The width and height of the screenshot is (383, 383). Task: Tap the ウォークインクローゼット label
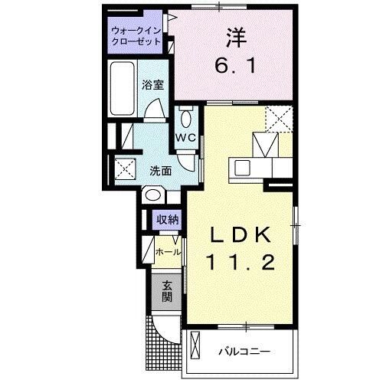click(x=135, y=36)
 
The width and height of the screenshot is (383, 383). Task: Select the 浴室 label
click(x=153, y=86)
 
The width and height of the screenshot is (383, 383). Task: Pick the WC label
click(x=186, y=137)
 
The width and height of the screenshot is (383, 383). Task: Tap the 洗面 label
click(x=160, y=171)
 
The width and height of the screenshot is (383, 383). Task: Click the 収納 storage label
click(x=168, y=220)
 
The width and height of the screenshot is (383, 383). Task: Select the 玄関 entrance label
click(x=167, y=290)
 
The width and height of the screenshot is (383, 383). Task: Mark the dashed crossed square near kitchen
click(x=279, y=119)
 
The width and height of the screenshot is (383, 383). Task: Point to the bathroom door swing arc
click(x=155, y=111)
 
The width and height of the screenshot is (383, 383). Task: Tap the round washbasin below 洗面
click(x=150, y=197)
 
